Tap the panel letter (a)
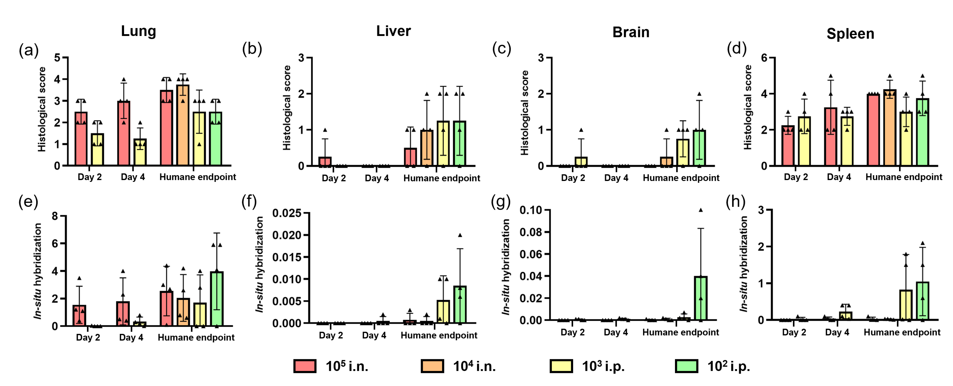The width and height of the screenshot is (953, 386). pos(29,50)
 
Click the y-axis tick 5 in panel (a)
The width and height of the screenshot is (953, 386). pos(57,58)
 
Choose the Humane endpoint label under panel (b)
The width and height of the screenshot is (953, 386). pos(441,178)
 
